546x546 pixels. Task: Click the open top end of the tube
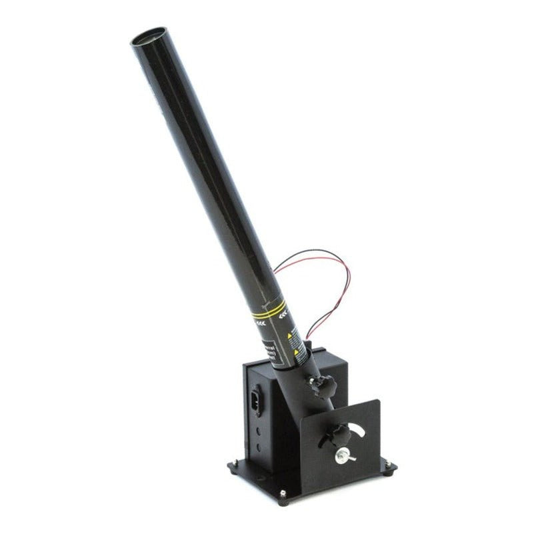[150, 35]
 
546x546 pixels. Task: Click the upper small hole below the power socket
[259, 431]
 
